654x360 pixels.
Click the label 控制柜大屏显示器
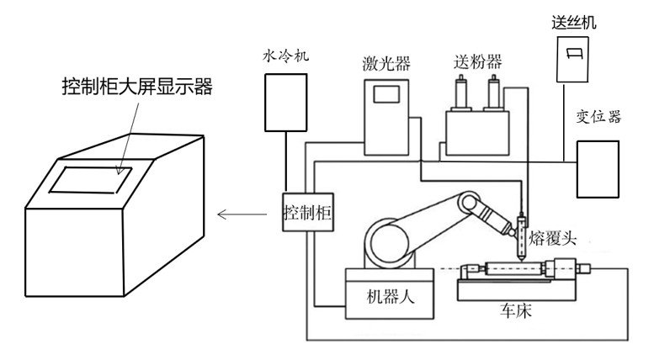[136, 87]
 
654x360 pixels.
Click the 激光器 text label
[383, 63]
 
